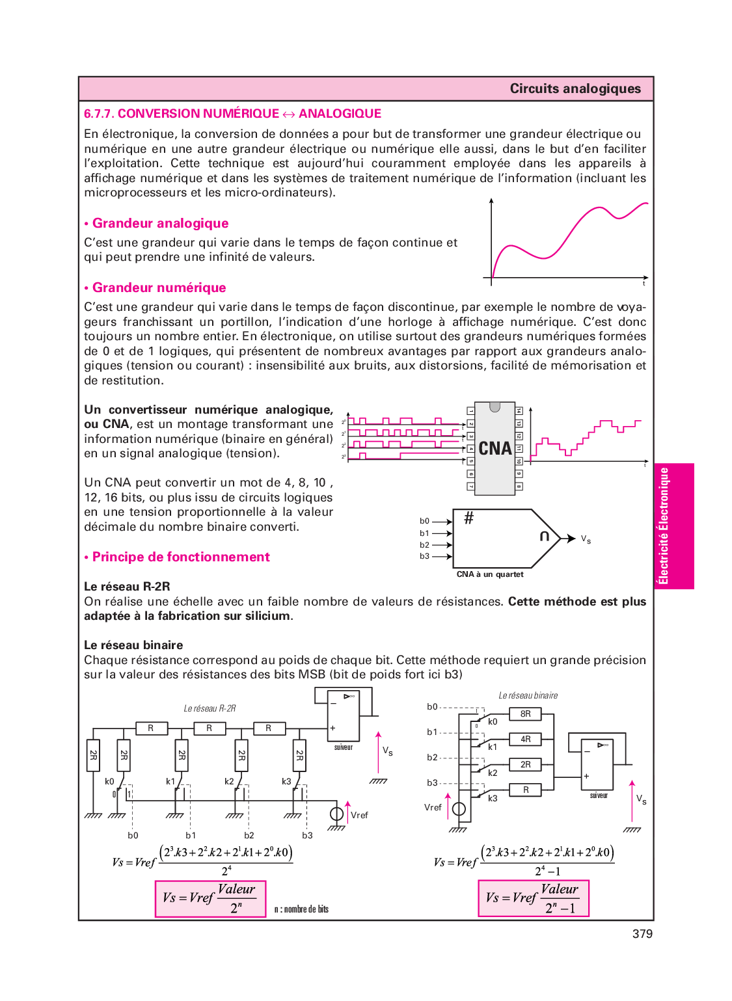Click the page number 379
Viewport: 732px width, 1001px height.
(642, 933)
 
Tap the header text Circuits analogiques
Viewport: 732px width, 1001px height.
(575, 88)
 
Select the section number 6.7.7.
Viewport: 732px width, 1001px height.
(99, 113)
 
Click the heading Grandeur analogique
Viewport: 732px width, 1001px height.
(160, 223)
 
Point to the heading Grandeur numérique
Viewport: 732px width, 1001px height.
(159, 287)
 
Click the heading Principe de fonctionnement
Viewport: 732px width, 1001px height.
(180, 557)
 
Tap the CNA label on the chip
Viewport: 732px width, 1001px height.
(495, 448)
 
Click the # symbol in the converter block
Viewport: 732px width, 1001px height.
(468, 518)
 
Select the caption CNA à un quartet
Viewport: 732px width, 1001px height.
(490, 574)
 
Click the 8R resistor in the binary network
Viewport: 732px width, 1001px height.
(526, 714)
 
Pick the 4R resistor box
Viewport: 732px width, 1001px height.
(526, 739)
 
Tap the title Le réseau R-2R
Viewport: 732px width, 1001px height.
(210, 708)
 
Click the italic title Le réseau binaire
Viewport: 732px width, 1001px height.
(528, 695)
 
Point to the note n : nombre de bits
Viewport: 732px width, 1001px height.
(301, 909)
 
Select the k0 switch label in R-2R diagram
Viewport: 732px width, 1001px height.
(109, 781)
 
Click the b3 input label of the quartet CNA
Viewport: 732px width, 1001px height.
(424, 556)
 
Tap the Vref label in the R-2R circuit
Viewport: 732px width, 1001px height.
(359, 815)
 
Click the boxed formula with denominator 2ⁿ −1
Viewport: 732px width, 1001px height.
(533, 898)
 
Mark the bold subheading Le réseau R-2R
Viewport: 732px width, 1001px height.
(127, 586)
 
